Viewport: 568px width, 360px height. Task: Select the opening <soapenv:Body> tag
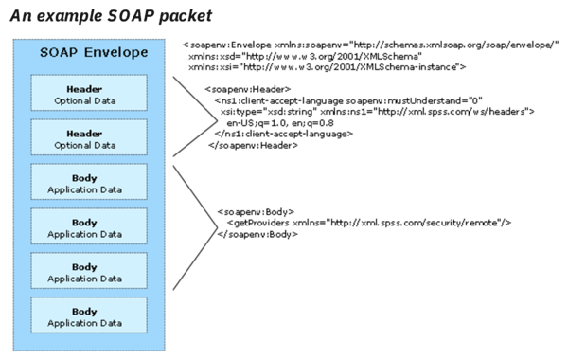[255, 211]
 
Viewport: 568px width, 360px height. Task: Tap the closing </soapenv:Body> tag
[257, 234]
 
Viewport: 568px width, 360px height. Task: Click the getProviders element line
[369, 223]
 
